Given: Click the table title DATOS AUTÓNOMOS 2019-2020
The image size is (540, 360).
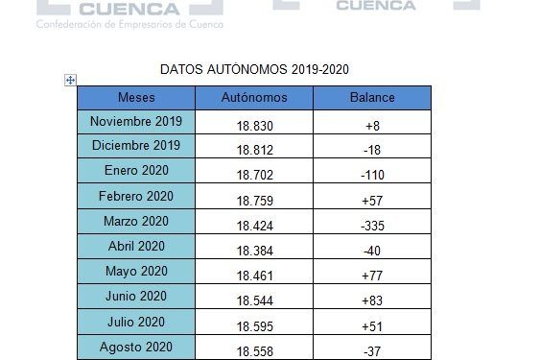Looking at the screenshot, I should [x=253, y=70].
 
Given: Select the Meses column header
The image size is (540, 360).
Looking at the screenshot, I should [x=135, y=97].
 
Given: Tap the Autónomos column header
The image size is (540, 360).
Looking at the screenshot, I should [x=254, y=97].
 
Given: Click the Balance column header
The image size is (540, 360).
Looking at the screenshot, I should [x=373, y=97].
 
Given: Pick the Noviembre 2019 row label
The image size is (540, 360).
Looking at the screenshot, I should [x=135, y=121].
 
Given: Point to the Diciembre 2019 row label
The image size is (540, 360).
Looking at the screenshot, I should [x=135, y=146].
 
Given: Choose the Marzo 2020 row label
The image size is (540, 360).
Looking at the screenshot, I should [x=135, y=221].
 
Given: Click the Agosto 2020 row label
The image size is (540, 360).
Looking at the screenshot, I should [x=135, y=346].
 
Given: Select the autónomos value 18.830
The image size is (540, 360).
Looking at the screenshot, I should [x=254, y=126].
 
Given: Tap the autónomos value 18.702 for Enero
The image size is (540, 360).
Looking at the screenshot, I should [x=254, y=176].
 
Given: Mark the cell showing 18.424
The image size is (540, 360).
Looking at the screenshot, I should [x=254, y=226].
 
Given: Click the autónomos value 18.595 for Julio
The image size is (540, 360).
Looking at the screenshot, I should [x=254, y=325].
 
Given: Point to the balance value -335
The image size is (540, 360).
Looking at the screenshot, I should [x=373, y=226].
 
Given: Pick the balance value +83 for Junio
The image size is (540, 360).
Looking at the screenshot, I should [x=373, y=300].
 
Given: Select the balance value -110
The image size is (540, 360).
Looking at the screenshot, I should [x=373, y=176].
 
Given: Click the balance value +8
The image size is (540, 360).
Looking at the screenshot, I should [x=373, y=126].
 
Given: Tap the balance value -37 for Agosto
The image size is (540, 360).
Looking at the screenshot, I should [x=373, y=350].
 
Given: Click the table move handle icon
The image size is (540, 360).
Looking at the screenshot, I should [x=70, y=80].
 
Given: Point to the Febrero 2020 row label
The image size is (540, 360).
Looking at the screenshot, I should [x=135, y=196].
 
